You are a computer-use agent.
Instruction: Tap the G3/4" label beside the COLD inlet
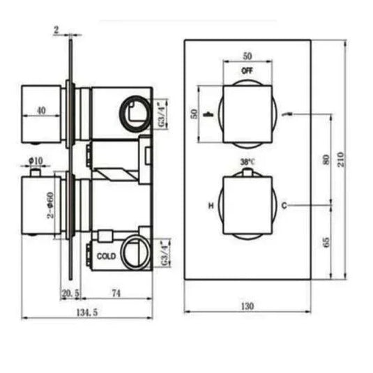click(x=164, y=253)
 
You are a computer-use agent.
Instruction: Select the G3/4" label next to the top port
click(x=162, y=113)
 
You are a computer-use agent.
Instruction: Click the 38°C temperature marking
click(x=247, y=162)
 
